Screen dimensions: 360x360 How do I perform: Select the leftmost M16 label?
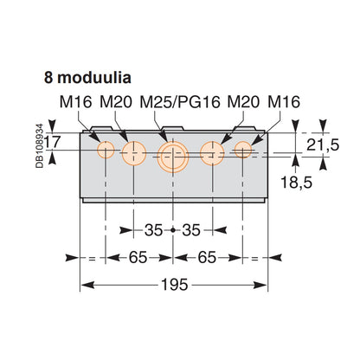point(77,102)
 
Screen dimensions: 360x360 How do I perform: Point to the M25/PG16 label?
point(179,102)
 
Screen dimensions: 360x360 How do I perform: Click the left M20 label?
point(116,102)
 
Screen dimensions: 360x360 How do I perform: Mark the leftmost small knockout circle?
point(106,151)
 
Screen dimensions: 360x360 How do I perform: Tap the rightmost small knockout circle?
point(243,151)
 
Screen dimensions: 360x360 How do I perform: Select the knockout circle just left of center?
point(134,154)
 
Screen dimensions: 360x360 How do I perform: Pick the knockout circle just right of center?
point(213,154)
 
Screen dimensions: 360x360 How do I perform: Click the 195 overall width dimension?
point(174,285)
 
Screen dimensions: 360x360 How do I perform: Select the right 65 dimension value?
point(209,257)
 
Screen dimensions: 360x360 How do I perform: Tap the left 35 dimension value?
point(154,229)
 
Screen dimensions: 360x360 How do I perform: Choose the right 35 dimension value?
point(194,229)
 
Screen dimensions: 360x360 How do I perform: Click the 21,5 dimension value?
point(323,144)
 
